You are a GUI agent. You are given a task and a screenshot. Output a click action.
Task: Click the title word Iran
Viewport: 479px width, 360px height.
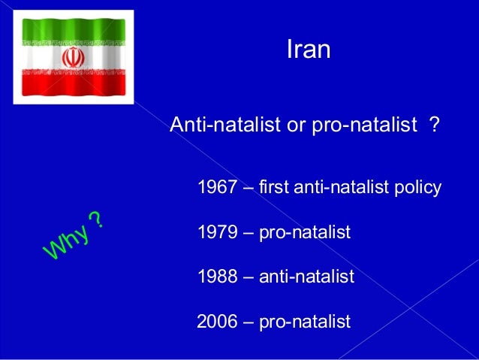coord(309,50)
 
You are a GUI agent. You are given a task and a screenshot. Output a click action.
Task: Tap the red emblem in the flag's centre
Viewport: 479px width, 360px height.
coord(73,58)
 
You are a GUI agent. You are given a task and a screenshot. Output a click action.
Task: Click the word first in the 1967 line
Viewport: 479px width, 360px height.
coord(275,187)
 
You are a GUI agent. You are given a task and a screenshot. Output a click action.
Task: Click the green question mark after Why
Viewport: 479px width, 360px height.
coord(96,219)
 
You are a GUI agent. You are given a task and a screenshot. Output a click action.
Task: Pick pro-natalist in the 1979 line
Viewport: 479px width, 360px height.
coord(305,232)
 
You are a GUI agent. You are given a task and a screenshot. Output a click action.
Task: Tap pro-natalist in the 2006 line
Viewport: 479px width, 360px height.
coord(305,322)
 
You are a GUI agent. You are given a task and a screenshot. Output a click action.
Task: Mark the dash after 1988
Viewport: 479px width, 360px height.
coord(248,278)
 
